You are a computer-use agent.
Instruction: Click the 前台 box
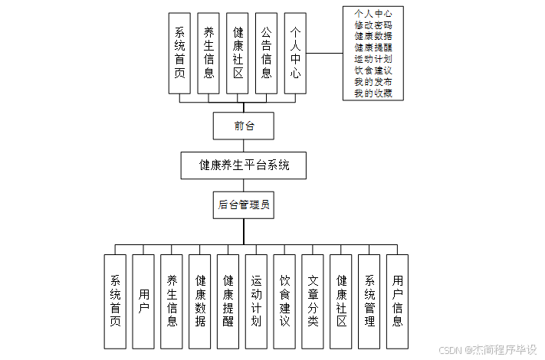click(x=244, y=126)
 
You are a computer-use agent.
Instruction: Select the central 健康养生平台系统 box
click(x=244, y=165)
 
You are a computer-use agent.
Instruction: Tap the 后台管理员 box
click(x=244, y=205)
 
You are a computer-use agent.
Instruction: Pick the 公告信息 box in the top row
click(x=266, y=53)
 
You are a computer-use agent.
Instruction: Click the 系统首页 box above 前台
click(x=179, y=53)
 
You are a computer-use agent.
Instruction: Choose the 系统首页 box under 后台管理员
click(x=116, y=301)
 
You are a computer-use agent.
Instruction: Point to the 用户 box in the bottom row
click(x=143, y=301)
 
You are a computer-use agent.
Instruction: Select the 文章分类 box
click(x=313, y=301)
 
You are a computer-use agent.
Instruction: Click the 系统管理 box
click(x=369, y=301)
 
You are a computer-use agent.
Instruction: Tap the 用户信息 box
click(x=397, y=301)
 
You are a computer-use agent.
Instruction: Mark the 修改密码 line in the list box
click(x=373, y=25)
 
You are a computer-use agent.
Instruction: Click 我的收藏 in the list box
click(x=373, y=93)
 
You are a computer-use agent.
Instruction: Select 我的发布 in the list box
click(x=373, y=82)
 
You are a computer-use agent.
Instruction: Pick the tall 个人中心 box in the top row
click(x=295, y=53)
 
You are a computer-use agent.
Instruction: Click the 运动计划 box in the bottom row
click(x=256, y=301)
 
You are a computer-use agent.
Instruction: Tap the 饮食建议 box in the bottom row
click(x=284, y=301)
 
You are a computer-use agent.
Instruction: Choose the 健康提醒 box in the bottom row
click(x=228, y=301)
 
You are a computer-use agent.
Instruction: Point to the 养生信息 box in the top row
click(x=208, y=53)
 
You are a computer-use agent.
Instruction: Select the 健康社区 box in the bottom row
click(x=341, y=301)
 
